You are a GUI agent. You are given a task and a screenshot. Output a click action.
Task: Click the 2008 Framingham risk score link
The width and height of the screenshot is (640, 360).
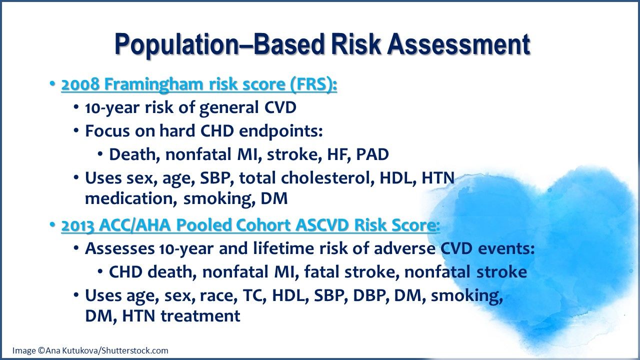point(199,85)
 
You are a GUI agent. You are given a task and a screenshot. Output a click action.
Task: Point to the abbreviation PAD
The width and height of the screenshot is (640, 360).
point(372,154)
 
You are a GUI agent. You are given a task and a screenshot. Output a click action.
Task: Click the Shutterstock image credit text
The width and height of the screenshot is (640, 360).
point(90,350)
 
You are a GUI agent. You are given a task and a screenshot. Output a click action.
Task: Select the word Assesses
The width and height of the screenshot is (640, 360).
point(120,248)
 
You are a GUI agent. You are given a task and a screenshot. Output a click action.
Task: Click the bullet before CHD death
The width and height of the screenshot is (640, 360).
point(100,271)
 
